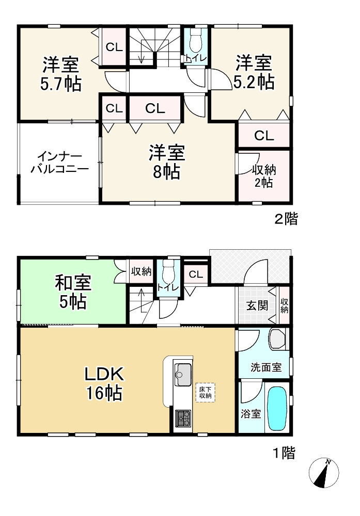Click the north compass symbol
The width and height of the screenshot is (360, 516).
click(x=324, y=473)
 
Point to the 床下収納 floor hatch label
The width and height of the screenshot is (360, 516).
click(x=205, y=393)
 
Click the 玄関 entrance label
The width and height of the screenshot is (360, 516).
click(x=256, y=305)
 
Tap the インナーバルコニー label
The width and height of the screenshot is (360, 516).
click(x=59, y=163)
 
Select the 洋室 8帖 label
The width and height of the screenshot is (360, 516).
click(x=167, y=162)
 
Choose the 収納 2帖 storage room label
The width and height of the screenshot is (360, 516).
click(x=262, y=176)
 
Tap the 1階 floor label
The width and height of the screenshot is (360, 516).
click(x=284, y=454)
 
